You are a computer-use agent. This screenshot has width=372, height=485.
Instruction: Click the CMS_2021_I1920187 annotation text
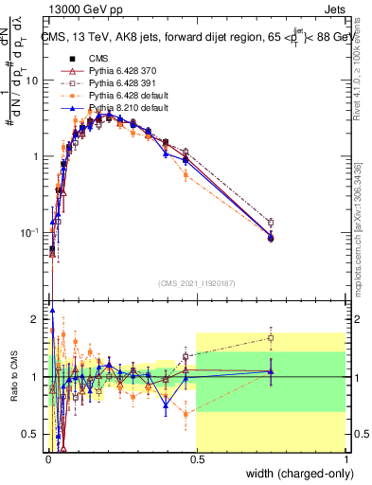[x=196, y=283]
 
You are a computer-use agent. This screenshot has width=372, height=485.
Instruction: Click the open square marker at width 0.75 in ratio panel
[x=271, y=337]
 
